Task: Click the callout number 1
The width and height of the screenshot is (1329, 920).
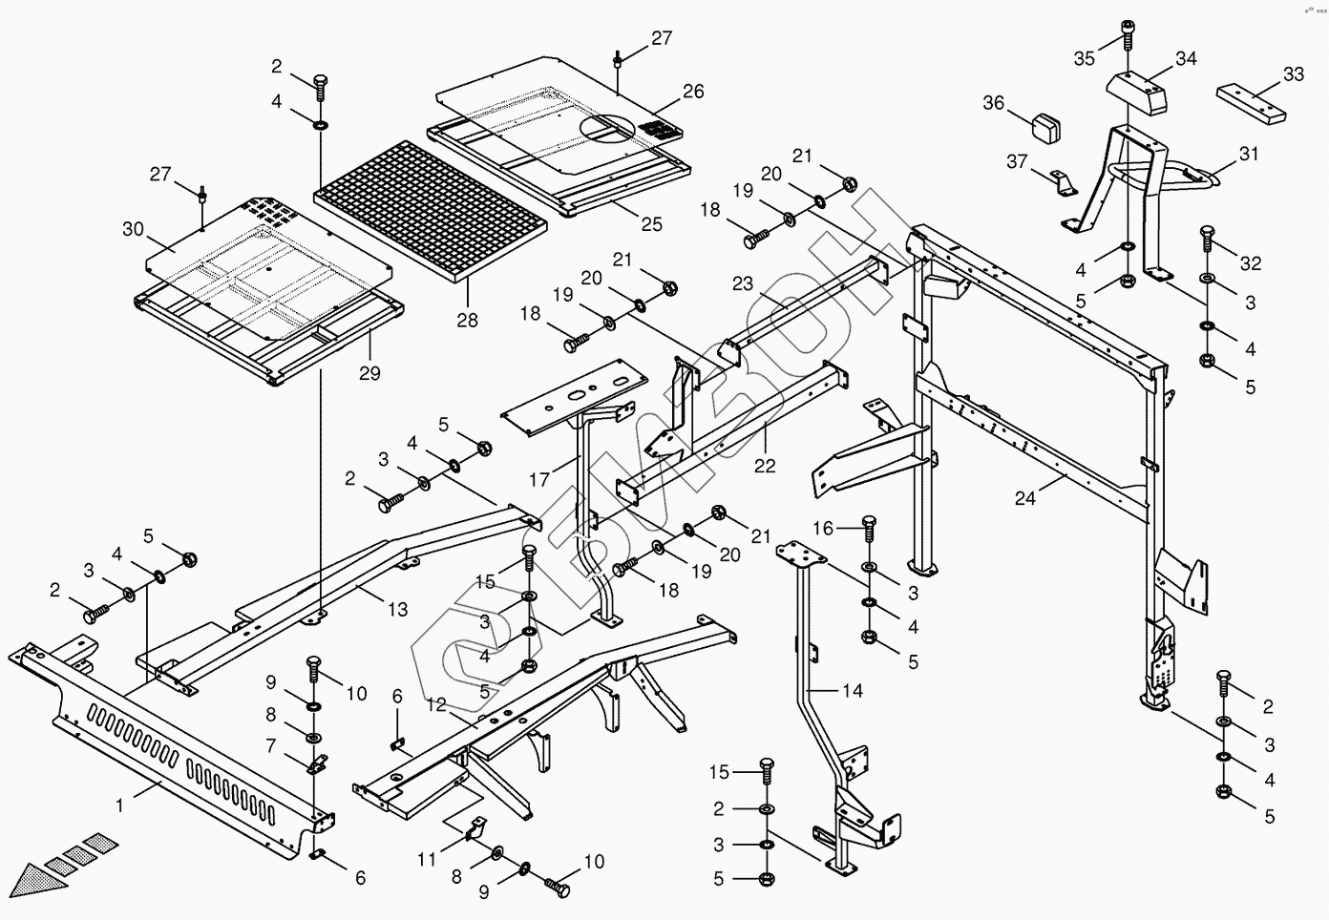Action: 120,805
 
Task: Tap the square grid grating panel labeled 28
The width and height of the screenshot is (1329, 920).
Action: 431,210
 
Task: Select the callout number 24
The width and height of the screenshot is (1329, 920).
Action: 1025,498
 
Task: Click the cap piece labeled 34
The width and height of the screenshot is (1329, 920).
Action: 1138,92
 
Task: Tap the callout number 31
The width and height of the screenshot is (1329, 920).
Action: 1249,154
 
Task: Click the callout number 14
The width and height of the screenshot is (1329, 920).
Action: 853,690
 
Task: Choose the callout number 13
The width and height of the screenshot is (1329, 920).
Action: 397,609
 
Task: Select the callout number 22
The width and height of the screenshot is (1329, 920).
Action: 765,466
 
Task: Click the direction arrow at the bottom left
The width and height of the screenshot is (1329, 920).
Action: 43,872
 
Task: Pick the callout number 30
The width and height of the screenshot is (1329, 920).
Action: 133,229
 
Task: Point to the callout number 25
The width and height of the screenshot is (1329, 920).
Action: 651,225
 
